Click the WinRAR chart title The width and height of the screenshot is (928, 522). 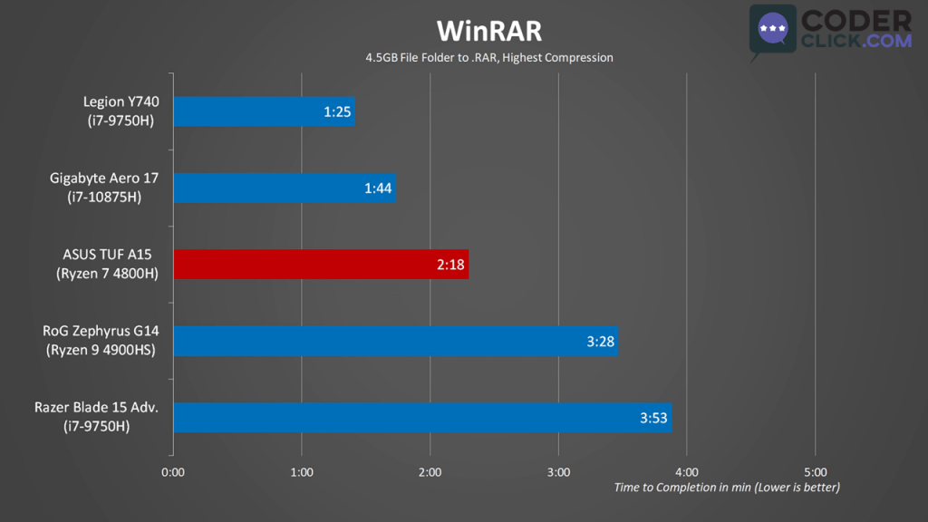pos(488,31)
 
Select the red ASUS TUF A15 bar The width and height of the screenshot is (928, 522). pos(320,265)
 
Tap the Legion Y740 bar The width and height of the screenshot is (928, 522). pos(263,112)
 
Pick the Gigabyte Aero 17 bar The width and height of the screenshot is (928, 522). pos(284,188)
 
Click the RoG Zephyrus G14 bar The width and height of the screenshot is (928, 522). pos(395,342)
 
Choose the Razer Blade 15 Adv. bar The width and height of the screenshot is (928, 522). pos(421,418)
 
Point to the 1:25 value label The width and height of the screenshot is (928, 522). pos(337,113)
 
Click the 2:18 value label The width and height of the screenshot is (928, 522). pos(450,266)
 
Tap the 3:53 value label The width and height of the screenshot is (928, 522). pos(653,418)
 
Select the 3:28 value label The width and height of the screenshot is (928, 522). pos(601,342)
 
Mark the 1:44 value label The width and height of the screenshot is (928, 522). pos(378,189)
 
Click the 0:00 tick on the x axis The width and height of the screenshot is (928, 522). pos(173,472)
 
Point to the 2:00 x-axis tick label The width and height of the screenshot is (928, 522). pos(430,472)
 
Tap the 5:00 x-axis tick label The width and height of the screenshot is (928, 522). pos(816,472)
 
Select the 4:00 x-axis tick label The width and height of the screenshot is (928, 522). pos(687,472)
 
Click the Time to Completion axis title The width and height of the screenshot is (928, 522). pos(727,488)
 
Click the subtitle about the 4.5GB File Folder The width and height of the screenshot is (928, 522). pos(488,58)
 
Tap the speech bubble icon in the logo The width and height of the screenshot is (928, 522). pos(772,31)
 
